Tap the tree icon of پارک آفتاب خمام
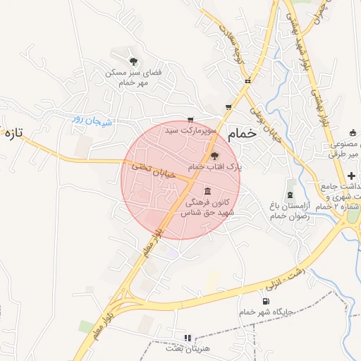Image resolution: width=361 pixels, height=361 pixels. pos(215,156)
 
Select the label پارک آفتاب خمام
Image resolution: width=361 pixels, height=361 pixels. pos(215,166)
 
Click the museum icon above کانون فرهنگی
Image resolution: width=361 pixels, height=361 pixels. pos(207,191)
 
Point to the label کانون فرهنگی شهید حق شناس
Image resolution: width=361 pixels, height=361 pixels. pos(208,207)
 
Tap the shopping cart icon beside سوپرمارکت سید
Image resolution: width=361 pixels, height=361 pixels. pos(190,120)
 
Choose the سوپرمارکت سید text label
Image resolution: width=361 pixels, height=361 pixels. pos(189,130)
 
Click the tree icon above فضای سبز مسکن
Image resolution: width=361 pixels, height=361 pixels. pos(134,61)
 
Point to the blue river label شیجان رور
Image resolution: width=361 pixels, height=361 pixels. pos(92,120)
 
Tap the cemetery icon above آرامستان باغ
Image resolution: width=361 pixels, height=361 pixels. pos(289,194)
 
